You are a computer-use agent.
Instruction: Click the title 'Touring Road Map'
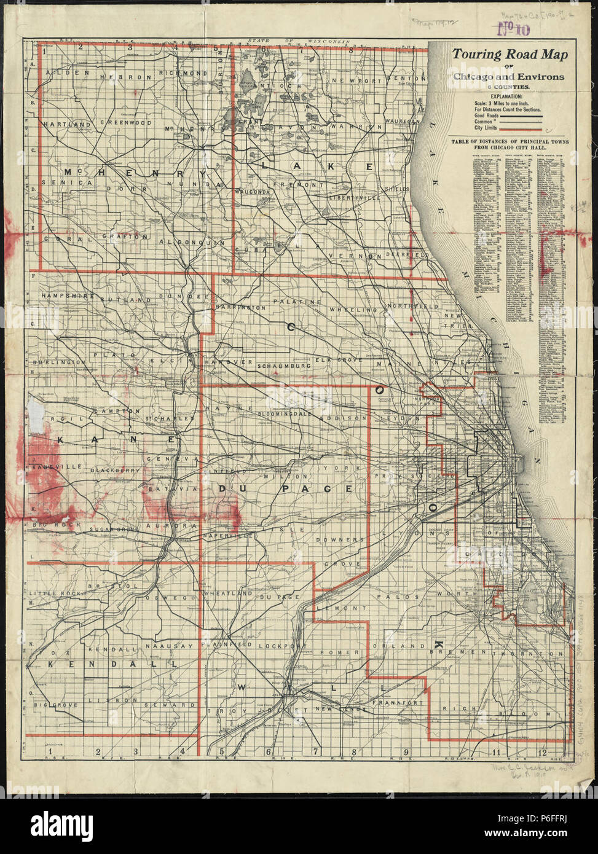coord(510,54)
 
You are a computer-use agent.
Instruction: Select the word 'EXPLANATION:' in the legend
coord(502,96)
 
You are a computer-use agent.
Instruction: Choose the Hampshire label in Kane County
coord(66,296)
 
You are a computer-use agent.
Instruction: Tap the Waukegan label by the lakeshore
coord(403,122)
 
